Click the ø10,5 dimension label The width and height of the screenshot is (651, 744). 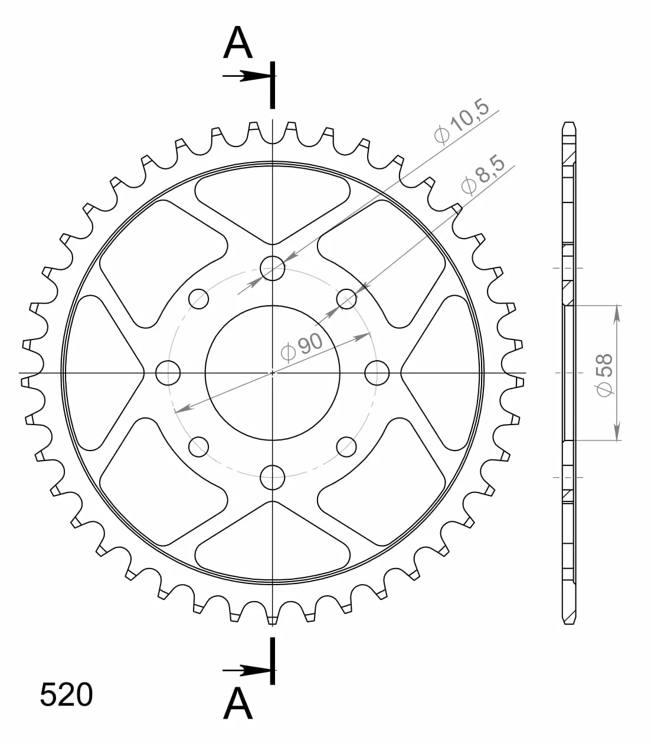[462, 121]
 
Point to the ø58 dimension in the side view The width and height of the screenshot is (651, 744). [605, 375]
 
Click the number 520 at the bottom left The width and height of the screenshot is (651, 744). [66, 694]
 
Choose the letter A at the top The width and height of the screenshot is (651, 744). [238, 43]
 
